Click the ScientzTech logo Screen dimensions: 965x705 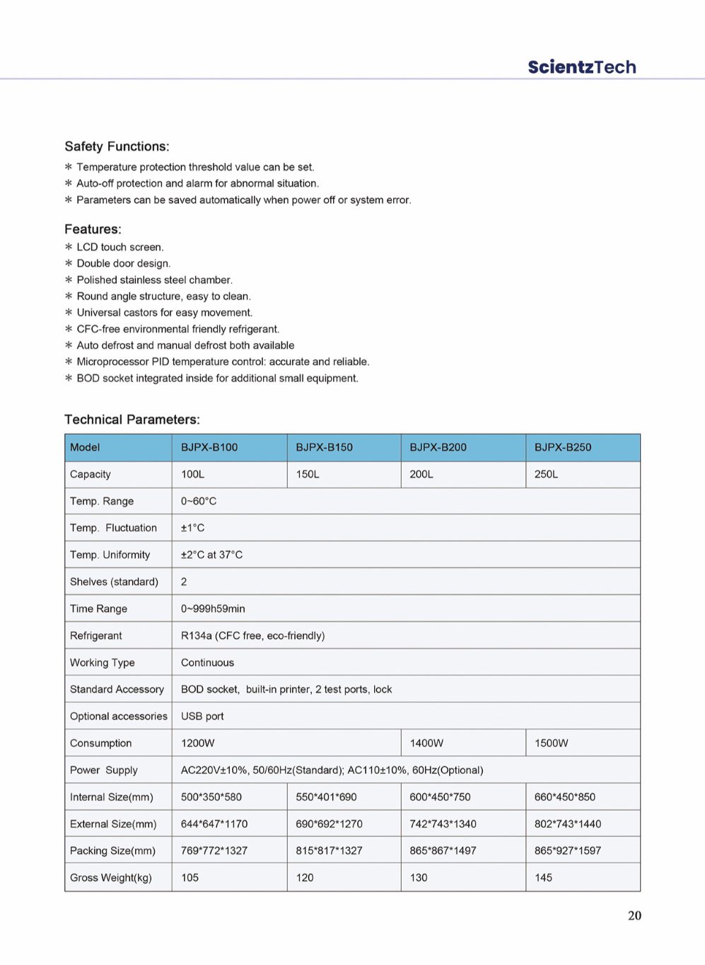581,67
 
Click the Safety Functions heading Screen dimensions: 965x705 117,146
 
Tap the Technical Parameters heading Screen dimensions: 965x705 132,420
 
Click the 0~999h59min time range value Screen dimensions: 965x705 213,608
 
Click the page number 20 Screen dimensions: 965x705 634,915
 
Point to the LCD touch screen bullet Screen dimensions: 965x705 120,247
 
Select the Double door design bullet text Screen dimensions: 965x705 124,263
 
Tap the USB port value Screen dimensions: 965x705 202,716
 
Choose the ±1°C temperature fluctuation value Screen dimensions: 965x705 192,528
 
